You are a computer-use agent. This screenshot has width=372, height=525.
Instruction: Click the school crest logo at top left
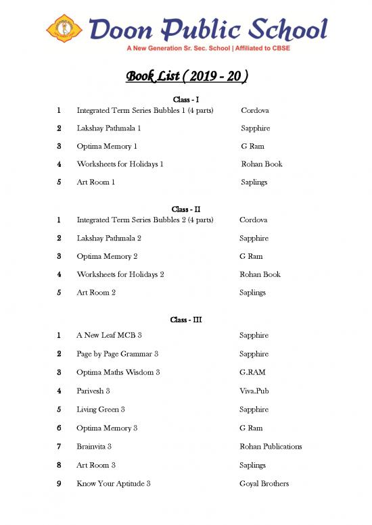click(64, 29)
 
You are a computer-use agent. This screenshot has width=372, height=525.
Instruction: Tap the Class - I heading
click(186, 100)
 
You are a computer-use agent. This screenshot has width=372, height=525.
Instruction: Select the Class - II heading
click(186, 209)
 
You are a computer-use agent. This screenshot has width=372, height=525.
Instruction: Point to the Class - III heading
click(187, 320)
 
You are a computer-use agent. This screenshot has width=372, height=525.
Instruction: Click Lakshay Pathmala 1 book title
click(109, 128)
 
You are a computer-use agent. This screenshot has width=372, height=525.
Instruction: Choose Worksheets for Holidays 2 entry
click(120, 275)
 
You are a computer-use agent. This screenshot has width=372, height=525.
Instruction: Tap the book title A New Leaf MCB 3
click(109, 336)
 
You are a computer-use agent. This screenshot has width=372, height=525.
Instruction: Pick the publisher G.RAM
click(252, 372)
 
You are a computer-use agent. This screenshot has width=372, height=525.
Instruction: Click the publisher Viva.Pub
click(254, 391)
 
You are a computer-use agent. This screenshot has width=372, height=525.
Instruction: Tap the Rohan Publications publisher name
click(271, 447)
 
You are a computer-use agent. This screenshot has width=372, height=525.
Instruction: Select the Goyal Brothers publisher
click(264, 484)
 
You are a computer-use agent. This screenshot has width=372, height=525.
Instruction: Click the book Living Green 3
click(101, 409)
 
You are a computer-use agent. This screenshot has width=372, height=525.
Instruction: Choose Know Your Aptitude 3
click(114, 484)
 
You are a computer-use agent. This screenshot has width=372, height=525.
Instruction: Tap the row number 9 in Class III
click(60, 484)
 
